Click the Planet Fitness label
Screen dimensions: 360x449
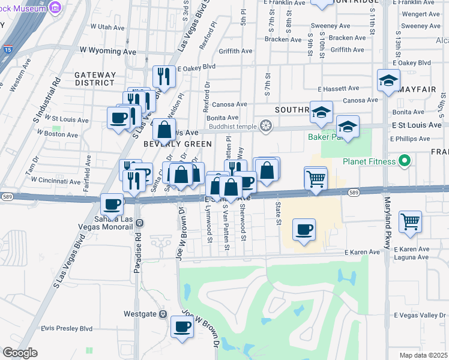pos(370,161)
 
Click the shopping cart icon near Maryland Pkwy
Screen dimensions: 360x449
pos(411,221)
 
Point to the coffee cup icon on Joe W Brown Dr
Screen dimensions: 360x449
pos(182,327)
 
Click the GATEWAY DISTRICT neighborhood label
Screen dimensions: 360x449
pos(95,79)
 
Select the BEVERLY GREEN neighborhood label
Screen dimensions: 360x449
pos(177,144)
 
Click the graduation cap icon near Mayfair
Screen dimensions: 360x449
pos(388,80)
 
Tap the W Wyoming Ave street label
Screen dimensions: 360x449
pos(112,52)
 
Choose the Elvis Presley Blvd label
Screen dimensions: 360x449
pos(67,329)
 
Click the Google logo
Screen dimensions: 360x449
pos(20,353)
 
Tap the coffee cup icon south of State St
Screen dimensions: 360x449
pos(304,230)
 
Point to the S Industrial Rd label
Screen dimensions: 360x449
pos(46,100)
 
